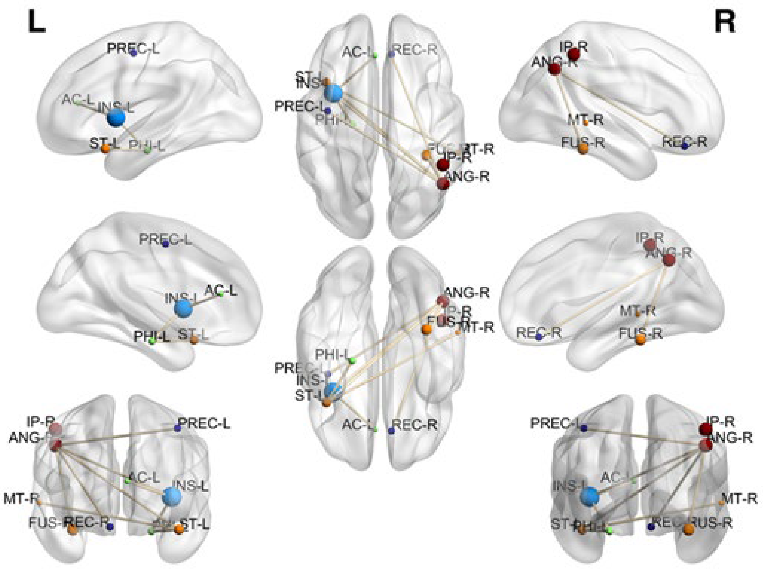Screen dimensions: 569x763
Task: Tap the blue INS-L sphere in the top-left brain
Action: [x=116, y=118]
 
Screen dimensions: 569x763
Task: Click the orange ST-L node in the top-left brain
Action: [x=105, y=148]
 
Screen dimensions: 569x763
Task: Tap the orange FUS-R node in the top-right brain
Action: [x=583, y=148]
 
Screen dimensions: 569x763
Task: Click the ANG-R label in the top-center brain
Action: [x=467, y=177]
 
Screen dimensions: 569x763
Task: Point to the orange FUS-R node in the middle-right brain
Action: [x=640, y=340]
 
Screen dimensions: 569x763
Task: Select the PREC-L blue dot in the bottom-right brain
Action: [x=583, y=428]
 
